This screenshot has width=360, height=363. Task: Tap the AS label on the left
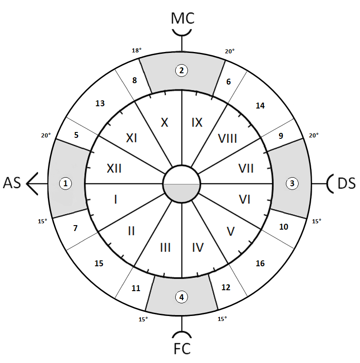[x=12, y=183]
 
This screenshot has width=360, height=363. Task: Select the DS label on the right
[x=346, y=183]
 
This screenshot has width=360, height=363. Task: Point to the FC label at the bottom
[x=182, y=349]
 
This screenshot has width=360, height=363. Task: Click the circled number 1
[x=66, y=183]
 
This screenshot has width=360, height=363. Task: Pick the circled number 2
[x=182, y=70]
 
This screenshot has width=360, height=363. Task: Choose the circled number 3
[x=292, y=183]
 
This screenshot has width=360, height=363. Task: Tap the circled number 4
[x=182, y=297]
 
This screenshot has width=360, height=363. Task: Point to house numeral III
[x=165, y=247]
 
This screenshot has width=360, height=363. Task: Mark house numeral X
[x=164, y=122]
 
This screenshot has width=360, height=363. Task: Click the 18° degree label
[x=136, y=51]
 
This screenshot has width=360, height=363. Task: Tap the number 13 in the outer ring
[x=100, y=104]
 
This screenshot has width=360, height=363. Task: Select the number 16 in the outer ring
[x=260, y=263]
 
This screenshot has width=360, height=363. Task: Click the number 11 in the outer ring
[x=136, y=288]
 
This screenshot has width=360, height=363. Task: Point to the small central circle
[x=182, y=184]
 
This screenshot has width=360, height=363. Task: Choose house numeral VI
[x=244, y=199]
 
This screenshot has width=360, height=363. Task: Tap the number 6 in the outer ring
[x=229, y=82]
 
